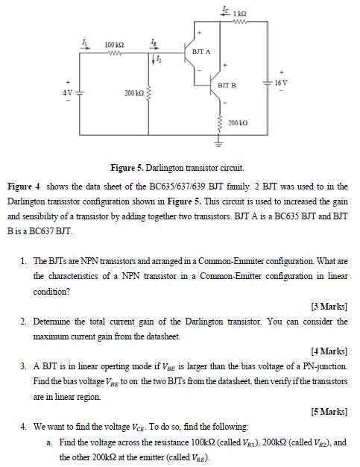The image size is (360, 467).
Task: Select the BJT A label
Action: [200, 52]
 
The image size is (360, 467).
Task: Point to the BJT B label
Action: [227, 87]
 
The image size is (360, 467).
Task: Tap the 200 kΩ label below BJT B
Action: [238, 122]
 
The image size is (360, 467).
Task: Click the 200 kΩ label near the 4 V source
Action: [134, 93]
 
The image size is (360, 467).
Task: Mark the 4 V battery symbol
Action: [79, 93]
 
